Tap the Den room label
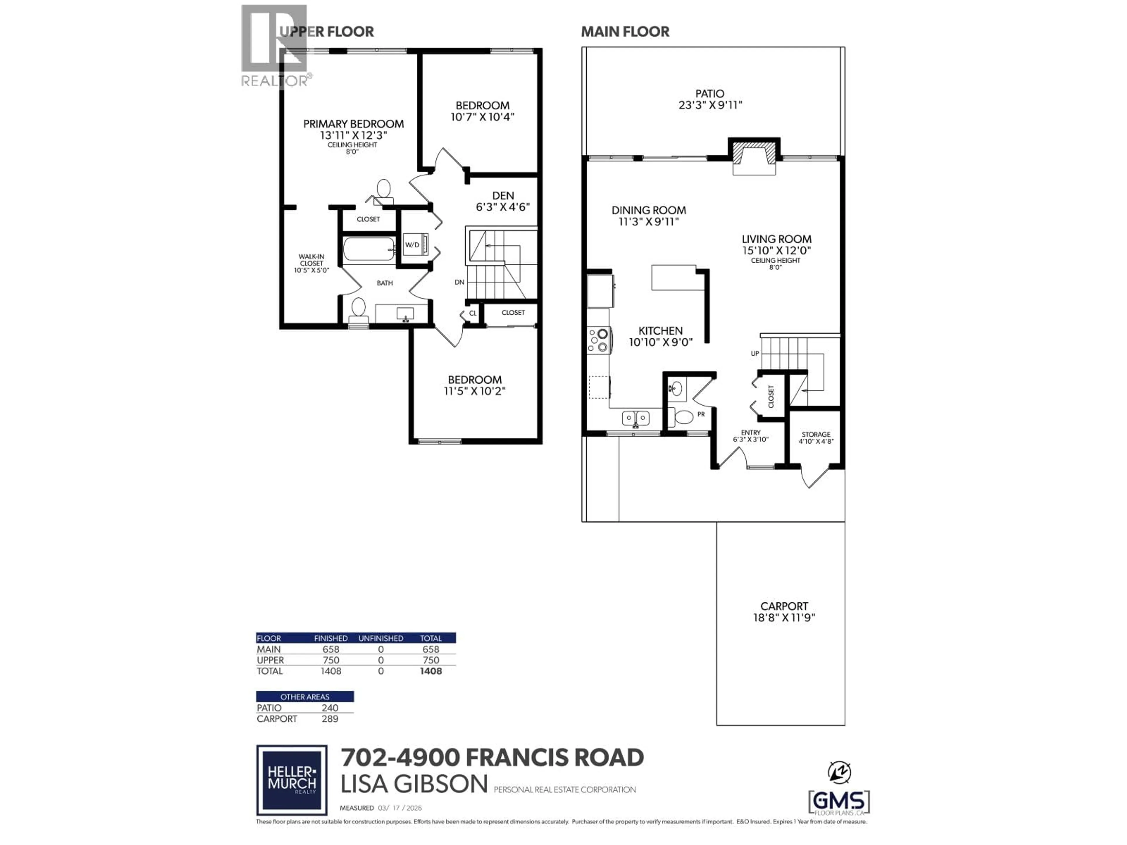(x=502, y=196)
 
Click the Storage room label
(x=816, y=435)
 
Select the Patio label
(x=710, y=94)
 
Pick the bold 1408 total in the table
(x=431, y=671)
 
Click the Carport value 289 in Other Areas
(x=330, y=719)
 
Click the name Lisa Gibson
(x=414, y=784)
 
